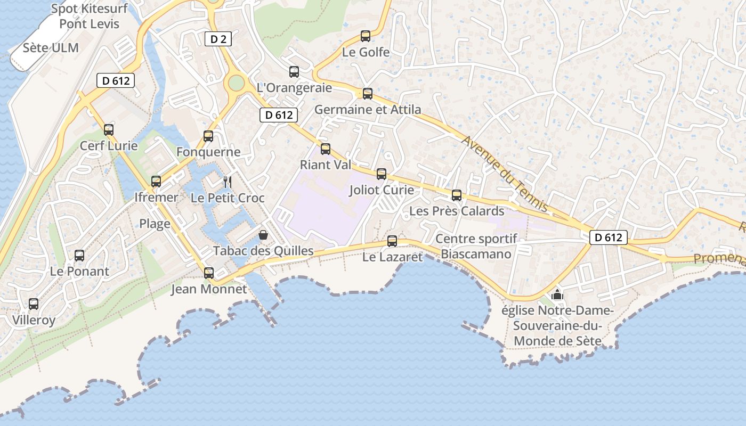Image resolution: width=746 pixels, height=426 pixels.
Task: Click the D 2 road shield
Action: (218, 39)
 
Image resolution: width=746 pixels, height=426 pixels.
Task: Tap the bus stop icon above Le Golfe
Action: (366, 36)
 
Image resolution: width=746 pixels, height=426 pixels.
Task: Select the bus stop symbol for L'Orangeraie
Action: (294, 72)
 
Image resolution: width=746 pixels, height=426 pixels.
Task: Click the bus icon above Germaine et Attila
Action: (368, 94)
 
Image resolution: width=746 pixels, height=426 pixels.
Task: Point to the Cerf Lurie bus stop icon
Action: (109, 129)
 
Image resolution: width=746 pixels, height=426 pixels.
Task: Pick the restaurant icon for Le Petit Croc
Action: (228, 182)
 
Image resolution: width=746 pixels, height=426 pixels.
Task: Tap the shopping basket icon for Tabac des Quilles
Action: (263, 234)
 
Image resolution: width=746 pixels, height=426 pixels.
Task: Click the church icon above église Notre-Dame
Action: (557, 294)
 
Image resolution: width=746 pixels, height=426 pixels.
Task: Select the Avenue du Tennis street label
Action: (505, 174)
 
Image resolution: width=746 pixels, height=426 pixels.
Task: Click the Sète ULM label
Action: (51, 48)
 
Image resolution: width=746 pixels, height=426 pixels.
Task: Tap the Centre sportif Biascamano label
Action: (476, 246)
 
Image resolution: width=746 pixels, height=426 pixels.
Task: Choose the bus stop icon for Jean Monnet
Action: (209, 273)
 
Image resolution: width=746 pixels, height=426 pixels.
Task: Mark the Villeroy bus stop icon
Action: (34, 304)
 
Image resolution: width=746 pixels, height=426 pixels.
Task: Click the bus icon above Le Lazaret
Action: (392, 241)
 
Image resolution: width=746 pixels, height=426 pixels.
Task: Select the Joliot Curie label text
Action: (382, 190)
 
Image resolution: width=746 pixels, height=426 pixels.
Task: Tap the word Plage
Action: (155, 224)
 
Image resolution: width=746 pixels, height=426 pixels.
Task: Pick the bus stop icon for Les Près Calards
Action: (457, 195)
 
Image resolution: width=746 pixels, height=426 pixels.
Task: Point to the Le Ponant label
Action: (79, 271)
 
